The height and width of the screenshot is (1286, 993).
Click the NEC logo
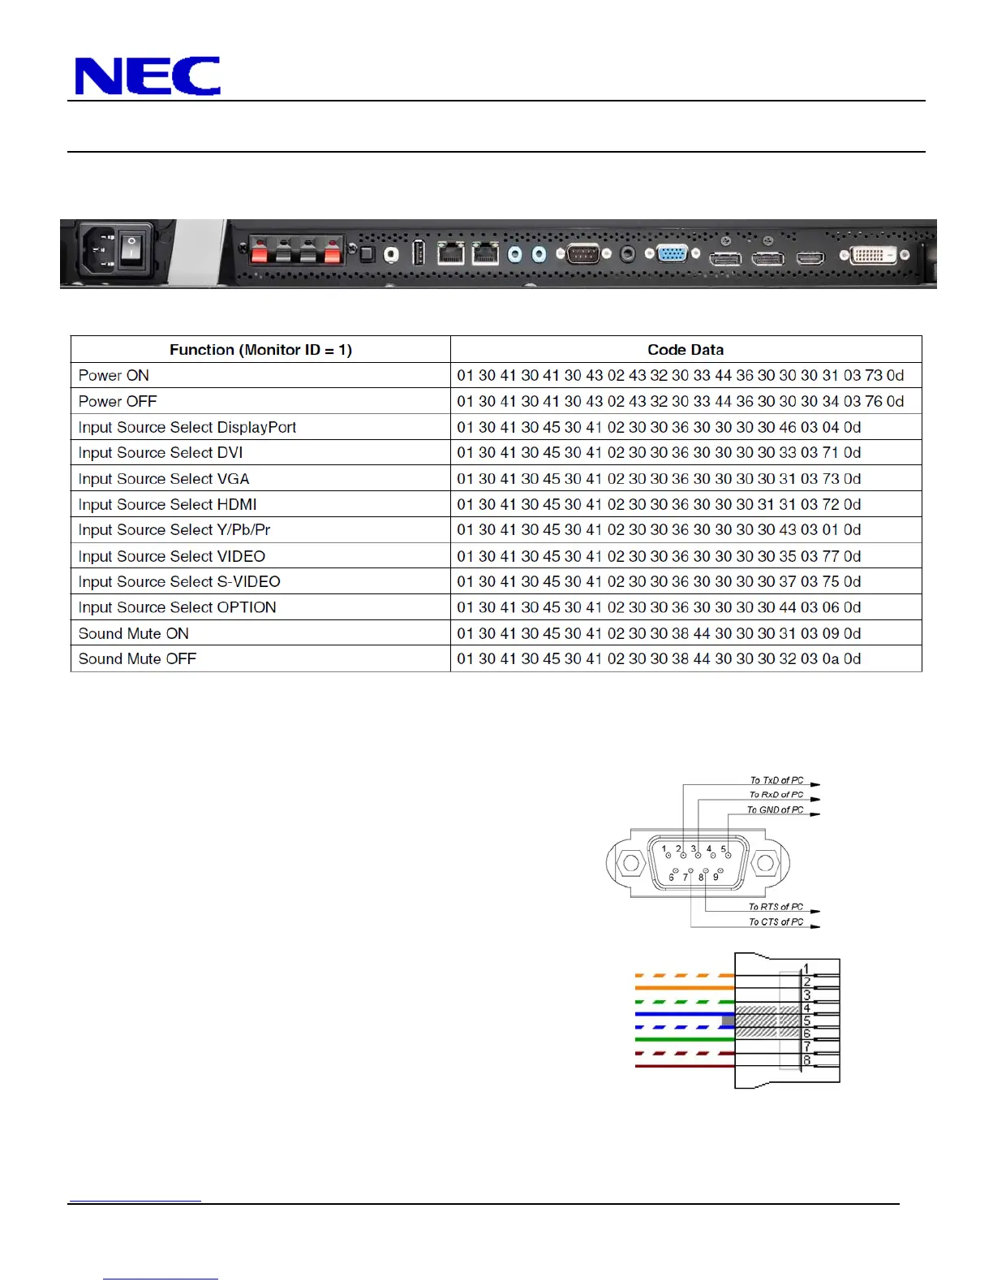tap(147, 76)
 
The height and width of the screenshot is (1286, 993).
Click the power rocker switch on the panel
tap(131, 252)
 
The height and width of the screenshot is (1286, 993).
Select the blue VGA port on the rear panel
tap(672, 254)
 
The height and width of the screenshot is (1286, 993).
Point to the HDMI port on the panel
tap(810, 258)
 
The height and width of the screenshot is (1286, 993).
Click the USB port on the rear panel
tap(419, 253)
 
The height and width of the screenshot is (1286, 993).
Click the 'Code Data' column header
tap(686, 350)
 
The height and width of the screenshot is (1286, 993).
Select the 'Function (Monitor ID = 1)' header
tap(260, 350)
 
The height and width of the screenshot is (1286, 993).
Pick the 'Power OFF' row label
tap(118, 401)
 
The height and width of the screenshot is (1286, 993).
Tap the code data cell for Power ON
tap(680, 376)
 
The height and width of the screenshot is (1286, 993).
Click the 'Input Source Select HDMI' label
tap(167, 504)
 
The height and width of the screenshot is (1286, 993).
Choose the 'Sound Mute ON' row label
tap(133, 633)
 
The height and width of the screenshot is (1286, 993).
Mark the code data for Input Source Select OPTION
tap(659, 607)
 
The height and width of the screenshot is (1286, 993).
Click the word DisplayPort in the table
tap(257, 427)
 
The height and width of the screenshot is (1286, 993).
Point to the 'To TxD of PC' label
tap(776, 780)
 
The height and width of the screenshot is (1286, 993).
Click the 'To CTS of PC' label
tap(776, 922)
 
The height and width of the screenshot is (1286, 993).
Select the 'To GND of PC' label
tap(775, 810)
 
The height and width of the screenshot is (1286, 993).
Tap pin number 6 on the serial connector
tap(672, 878)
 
